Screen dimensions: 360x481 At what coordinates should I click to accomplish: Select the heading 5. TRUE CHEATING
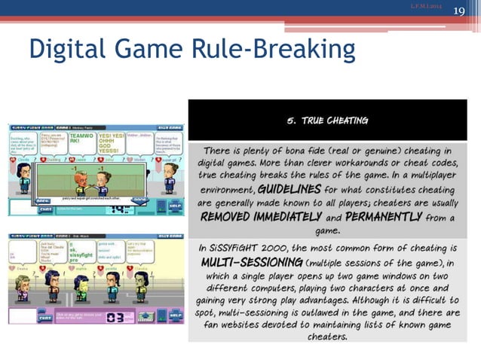326,121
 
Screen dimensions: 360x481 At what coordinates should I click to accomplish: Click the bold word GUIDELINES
288,189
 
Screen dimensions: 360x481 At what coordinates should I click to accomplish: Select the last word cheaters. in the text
326,337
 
